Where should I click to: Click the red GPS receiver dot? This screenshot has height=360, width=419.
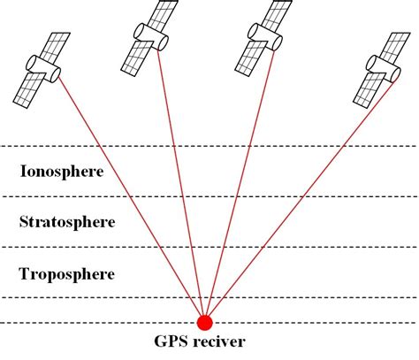[x=204, y=322]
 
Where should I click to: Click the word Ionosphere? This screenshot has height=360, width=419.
[x=61, y=171]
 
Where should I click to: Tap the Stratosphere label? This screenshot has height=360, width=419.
[x=66, y=221]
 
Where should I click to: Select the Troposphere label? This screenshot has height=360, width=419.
[x=66, y=274]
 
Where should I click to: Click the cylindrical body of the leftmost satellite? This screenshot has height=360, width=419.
[x=43, y=65]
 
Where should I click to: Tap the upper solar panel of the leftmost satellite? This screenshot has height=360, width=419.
[x=60, y=43]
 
